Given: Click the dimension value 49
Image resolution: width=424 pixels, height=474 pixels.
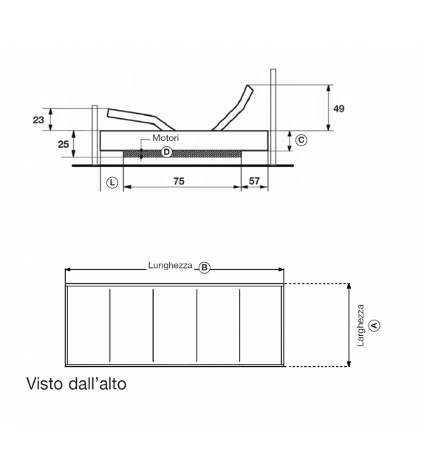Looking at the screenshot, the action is click(x=339, y=109).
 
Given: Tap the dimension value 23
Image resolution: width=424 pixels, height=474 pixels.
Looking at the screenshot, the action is click(x=38, y=120).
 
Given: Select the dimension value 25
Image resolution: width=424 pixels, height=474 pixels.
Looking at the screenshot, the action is click(x=64, y=145).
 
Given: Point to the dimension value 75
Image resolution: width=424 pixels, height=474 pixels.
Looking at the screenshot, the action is click(x=179, y=181).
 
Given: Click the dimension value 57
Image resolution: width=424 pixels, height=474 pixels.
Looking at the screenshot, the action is click(x=254, y=181).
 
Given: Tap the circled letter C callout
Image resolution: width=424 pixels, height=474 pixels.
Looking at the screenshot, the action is click(x=301, y=140).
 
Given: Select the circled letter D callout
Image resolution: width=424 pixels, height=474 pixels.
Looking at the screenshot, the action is click(x=166, y=152).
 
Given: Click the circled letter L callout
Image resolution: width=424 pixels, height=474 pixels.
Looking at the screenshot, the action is click(x=112, y=182).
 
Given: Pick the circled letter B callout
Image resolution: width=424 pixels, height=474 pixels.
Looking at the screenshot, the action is click(x=205, y=268).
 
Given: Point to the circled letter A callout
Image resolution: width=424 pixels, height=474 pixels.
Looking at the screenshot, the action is click(x=375, y=325).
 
